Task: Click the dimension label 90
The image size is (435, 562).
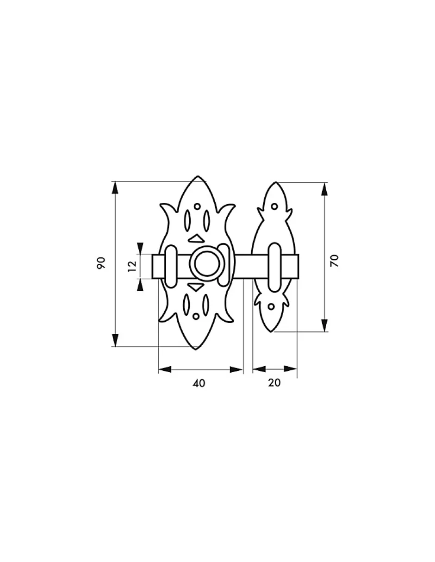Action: (101, 263)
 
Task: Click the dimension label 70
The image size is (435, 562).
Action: (335, 261)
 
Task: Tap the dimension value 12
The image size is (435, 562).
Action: (132, 266)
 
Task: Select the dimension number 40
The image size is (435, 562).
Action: (199, 383)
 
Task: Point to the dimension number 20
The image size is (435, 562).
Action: (274, 382)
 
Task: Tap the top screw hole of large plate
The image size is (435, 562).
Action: (197, 206)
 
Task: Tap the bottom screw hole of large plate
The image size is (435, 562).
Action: (196, 316)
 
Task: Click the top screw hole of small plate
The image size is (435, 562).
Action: (274, 206)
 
